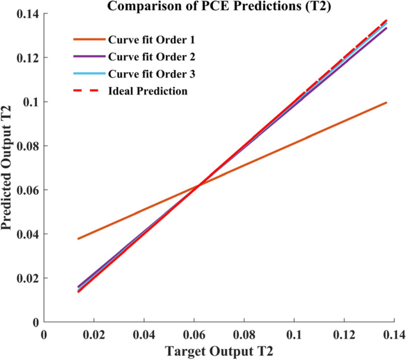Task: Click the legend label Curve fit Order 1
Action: pyautogui.click(x=151, y=40)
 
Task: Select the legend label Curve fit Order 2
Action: pyautogui.click(x=151, y=57)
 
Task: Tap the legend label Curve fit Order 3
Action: pyautogui.click(x=151, y=74)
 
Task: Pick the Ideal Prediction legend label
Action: pyautogui.click(x=148, y=91)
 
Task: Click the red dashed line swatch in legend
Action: pyautogui.click(x=88, y=91)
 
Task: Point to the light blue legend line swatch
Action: pyautogui.click(x=88, y=74)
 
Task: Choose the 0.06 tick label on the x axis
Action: pyautogui.click(x=198, y=335)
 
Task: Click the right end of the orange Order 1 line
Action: pyautogui.click(x=386, y=102)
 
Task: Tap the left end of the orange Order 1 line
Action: pyautogui.click(x=78, y=239)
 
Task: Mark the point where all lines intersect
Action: pyautogui.click(x=198, y=185)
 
